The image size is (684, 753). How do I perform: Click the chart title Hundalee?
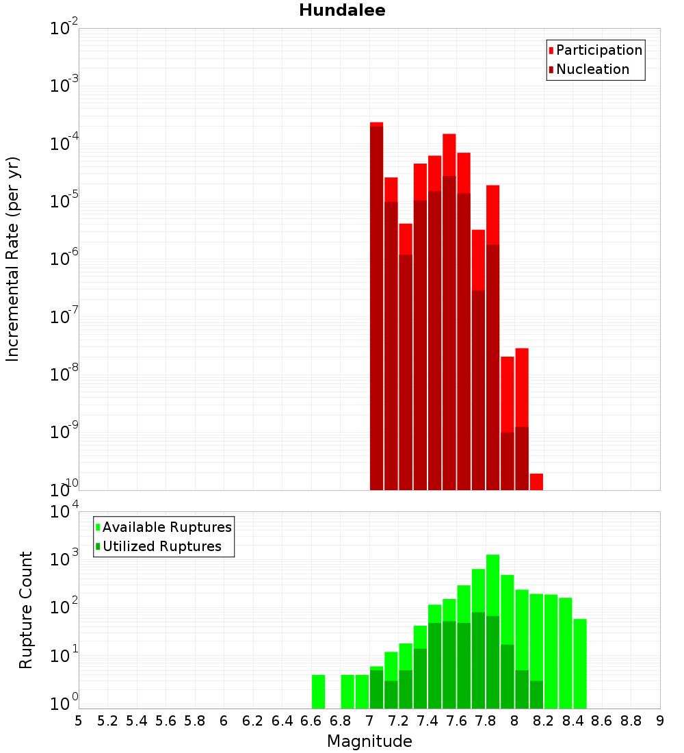(x=342, y=10)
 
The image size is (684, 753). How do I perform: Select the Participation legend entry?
(x=599, y=50)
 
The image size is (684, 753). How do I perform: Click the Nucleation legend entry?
(x=592, y=69)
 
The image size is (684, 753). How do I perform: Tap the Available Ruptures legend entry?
(x=167, y=527)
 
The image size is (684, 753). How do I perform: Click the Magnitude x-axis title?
(x=369, y=741)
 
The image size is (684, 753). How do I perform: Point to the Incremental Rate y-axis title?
(x=13, y=259)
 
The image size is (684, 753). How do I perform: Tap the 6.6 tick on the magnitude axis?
(x=311, y=721)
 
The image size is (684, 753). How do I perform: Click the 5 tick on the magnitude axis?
(x=79, y=721)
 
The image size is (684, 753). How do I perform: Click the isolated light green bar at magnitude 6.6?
(x=318, y=691)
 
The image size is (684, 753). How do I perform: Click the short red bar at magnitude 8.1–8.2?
(x=536, y=482)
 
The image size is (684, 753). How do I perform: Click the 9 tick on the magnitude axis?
(x=660, y=721)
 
